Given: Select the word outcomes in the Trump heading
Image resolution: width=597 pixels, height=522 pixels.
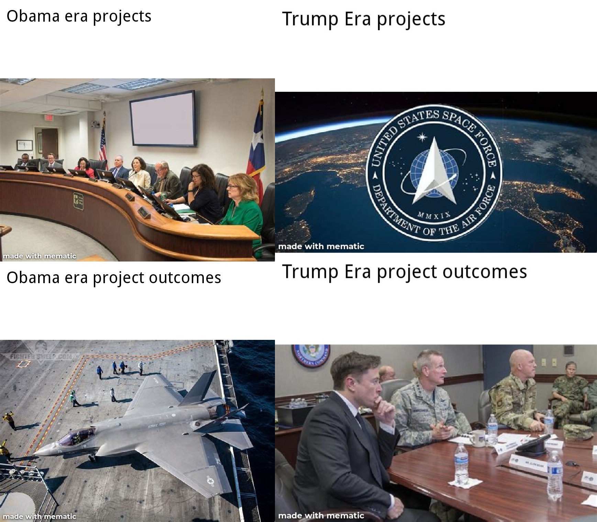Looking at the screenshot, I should pos(485,271).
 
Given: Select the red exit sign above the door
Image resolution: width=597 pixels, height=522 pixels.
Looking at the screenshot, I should pos(49,117).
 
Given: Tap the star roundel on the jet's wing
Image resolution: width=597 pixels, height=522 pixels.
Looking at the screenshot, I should pos(210,480).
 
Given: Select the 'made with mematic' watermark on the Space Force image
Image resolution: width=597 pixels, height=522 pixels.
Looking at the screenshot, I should pos(321,246).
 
